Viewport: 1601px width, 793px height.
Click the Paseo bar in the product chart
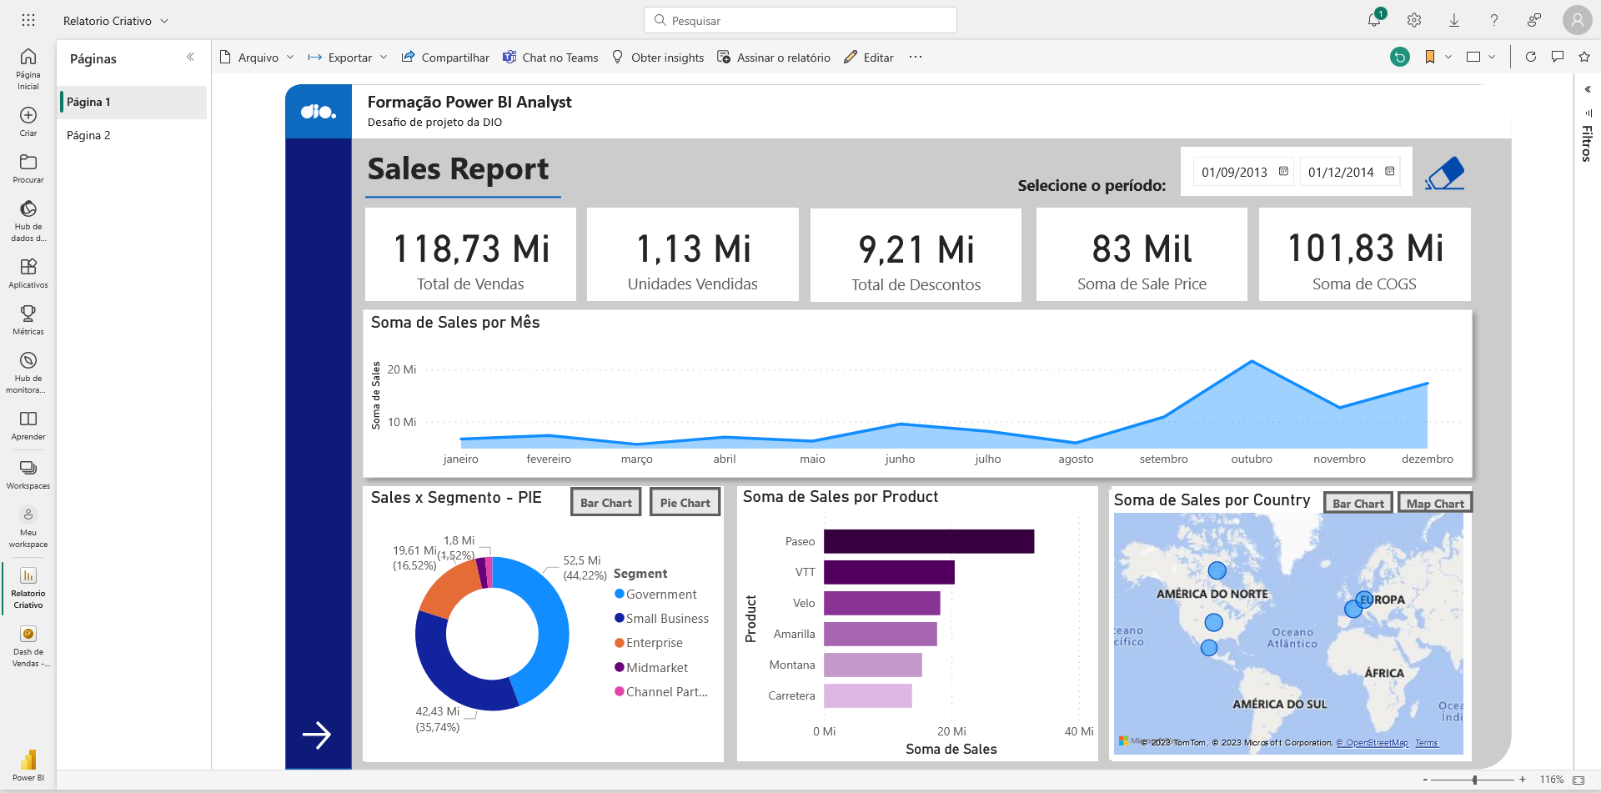pyautogui.click(x=928, y=541)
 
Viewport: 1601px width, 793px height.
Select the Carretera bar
pyautogui.click(x=867, y=695)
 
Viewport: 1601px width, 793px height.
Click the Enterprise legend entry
pyautogui.click(x=654, y=643)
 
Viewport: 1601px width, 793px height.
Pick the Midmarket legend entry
pyautogui.click(x=656, y=668)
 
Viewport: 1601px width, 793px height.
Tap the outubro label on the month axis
pyautogui.click(x=1252, y=459)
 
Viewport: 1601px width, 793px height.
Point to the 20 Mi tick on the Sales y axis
pyautogui.click(x=401, y=369)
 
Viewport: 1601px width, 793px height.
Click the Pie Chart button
pyautogui.click(x=685, y=503)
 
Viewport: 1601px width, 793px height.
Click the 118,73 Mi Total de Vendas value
pyautogui.click(x=471, y=248)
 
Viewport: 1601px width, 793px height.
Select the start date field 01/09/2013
pyautogui.click(x=1234, y=173)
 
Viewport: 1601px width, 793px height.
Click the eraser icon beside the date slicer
pyautogui.click(x=1445, y=173)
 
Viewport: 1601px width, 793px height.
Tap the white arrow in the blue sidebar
pyautogui.click(x=317, y=735)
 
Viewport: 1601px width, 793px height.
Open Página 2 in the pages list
pyautogui.click(x=88, y=135)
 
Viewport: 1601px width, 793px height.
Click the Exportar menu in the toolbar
pyautogui.click(x=348, y=58)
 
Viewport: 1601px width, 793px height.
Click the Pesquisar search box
pyautogui.click(x=800, y=21)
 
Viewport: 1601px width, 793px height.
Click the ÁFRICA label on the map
pyautogui.click(x=1383, y=673)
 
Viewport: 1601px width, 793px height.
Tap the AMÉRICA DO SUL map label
pyautogui.click(x=1279, y=704)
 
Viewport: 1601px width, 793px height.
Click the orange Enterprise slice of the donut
pyautogui.click(x=449, y=590)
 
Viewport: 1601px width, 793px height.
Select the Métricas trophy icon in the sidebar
pyautogui.click(x=28, y=314)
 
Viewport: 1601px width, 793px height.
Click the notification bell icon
pyautogui.click(x=1374, y=20)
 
